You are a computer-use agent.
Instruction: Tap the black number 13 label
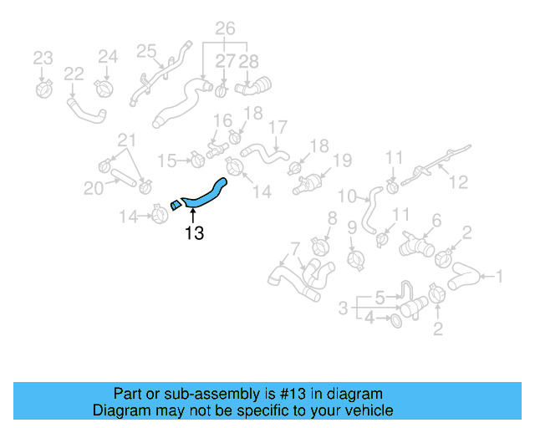194,233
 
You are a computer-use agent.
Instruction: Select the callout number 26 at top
225,28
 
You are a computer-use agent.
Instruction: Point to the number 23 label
43,58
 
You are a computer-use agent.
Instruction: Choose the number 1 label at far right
500,276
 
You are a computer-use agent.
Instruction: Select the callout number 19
343,160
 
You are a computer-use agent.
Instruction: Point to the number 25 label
147,51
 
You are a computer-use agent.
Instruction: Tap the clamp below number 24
105,86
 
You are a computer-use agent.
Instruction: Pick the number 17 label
278,128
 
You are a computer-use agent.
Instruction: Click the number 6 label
436,221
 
